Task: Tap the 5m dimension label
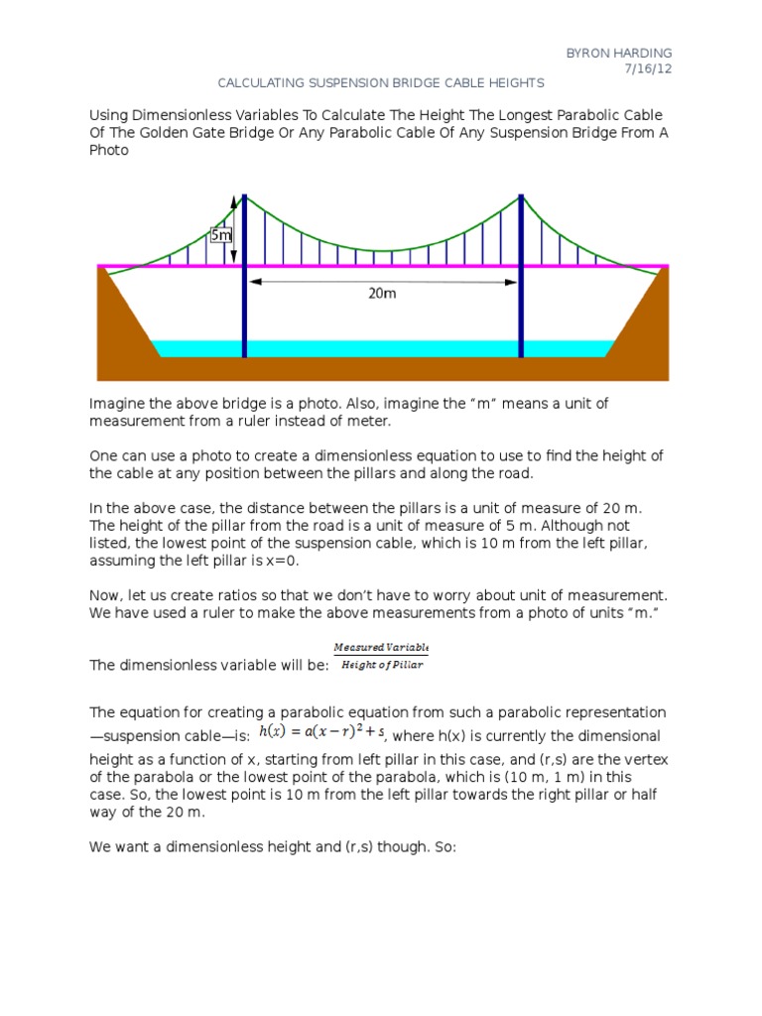pyautogui.click(x=221, y=235)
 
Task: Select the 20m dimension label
pyautogui.click(x=382, y=294)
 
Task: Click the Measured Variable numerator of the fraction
pyautogui.click(x=381, y=647)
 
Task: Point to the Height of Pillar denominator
pyautogui.click(x=381, y=665)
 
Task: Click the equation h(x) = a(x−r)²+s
pyautogui.click(x=320, y=732)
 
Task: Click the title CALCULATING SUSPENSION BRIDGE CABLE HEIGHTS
pyautogui.click(x=381, y=83)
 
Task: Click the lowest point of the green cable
pyautogui.click(x=382, y=251)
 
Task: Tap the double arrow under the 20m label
pyautogui.click(x=382, y=282)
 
